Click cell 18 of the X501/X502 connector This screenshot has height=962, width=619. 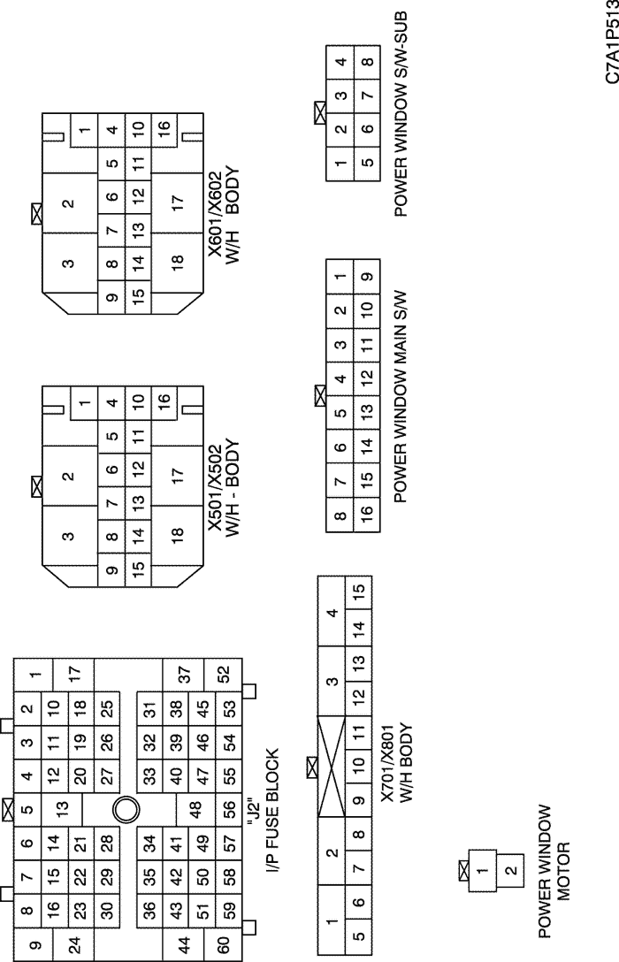pos(177,533)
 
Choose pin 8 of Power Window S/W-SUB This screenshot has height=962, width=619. pos(366,61)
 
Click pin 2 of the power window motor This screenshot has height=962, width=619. pos(510,870)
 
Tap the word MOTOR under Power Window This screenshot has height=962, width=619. pos(564,871)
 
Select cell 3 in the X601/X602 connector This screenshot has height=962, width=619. pos(69,263)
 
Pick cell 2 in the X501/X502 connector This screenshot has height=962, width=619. pos(69,476)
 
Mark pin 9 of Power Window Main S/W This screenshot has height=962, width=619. pos(366,277)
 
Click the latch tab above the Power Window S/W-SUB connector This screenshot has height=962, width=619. pos(319,113)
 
